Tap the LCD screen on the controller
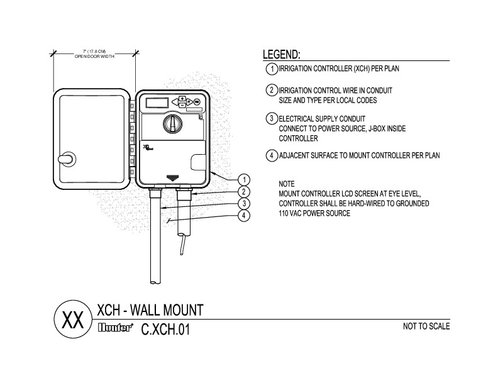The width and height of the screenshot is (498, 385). pos(155,101)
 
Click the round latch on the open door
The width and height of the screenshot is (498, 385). pos(65,159)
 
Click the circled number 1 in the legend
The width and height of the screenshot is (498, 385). pos(271,68)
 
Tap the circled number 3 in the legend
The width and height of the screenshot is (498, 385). pos(271,118)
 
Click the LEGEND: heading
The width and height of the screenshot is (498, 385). pos(281,55)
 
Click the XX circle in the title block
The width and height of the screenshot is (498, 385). pos(71,320)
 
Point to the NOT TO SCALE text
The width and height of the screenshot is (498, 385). pos(426,326)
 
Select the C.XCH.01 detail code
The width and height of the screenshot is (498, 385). pos(164,328)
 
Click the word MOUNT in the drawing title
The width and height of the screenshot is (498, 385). pos(178,310)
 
